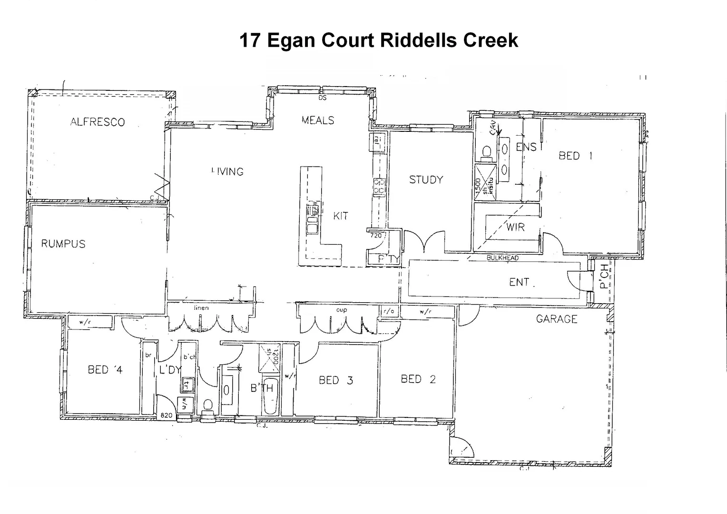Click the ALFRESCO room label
click(98, 122)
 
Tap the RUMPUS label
click(63, 244)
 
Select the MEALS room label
click(318, 120)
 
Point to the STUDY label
click(426, 179)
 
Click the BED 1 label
click(575, 156)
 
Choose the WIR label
click(515, 227)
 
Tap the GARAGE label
click(556, 319)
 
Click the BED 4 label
click(105, 369)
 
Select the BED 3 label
click(336, 380)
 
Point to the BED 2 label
click(418, 379)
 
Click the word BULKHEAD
click(502, 258)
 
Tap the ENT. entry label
click(521, 282)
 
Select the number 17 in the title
click(250, 40)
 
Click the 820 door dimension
click(166, 415)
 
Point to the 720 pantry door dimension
click(376, 235)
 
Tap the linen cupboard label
click(201, 308)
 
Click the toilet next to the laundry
click(208, 405)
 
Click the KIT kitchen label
click(340, 216)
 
